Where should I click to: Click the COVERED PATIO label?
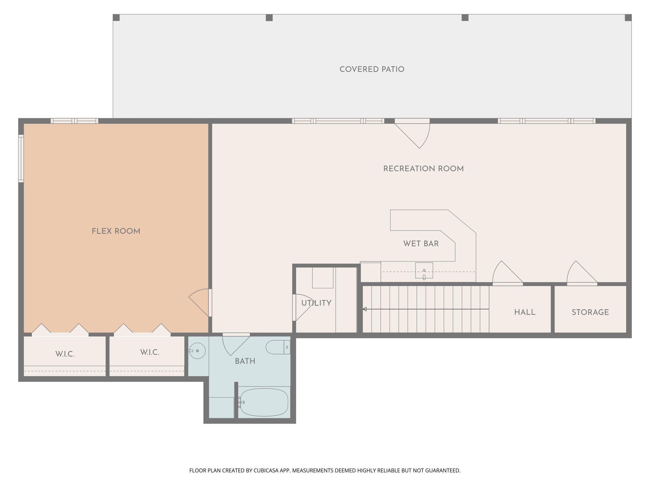(x=372, y=69)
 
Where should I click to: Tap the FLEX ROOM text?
(x=116, y=231)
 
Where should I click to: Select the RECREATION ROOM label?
(x=423, y=169)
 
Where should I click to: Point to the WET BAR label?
(x=421, y=244)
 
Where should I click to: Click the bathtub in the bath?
(x=264, y=402)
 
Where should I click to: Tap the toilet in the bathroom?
(x=277, y=347)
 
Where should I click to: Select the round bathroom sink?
(x=197, y=351)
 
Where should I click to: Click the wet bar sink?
(x=424, y=270)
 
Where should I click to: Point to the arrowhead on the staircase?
(x=365, y=309)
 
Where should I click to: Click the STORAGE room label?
(x=590, y=313)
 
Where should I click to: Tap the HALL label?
(x=525, y=313)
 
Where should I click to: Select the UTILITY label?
(x=316, y=303)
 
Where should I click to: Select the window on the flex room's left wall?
(x=21, y=159)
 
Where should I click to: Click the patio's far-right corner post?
(x=628, y=18)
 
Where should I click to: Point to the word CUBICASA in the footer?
(x=266, y=471)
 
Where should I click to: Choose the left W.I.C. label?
(x=65, y=354)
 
